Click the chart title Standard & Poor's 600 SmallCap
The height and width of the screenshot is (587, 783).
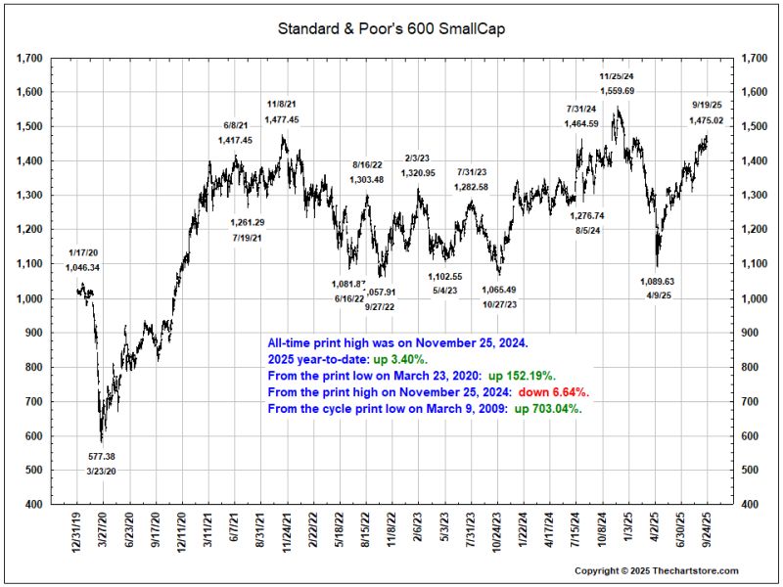tap(391, 29)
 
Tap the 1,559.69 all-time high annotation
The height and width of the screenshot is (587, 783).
tap(617, 91)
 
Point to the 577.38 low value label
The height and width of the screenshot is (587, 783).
tap(102, 456)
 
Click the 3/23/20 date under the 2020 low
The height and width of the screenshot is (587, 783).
tap(102, 472)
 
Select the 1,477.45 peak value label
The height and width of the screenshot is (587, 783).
tap(283, 119)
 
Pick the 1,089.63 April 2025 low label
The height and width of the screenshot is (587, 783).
tap(657, 281)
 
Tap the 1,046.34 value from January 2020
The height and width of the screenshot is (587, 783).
tap(83, 268)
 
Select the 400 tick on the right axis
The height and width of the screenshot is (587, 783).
tap(754, 505)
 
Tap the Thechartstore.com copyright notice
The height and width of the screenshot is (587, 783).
tap(656, 570)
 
